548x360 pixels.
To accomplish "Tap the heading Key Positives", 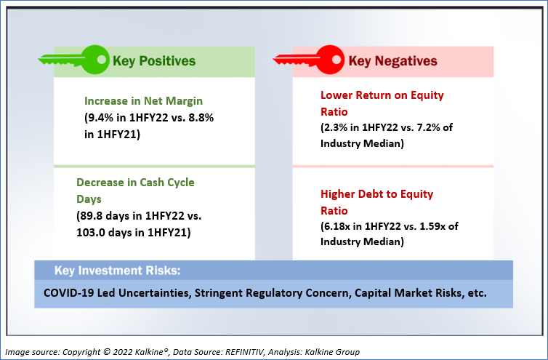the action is click(x=154, y=61).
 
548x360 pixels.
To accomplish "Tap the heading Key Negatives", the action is click(x=392, y=61).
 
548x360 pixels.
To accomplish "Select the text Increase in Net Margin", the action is click(x=143, y=101).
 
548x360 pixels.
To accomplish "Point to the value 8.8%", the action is click(x=201, y=118).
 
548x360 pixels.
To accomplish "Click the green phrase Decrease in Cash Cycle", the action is click(x=135, y=183).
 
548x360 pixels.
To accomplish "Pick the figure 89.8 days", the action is click(x=106, y=216).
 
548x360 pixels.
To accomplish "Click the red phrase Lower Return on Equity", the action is click(x=382, y=95).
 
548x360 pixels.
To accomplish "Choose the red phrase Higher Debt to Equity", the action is click(x=376, y=194).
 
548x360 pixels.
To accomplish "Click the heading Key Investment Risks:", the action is click(x=118, y=271).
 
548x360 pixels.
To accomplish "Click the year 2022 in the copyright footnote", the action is click(x=122, y=352).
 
